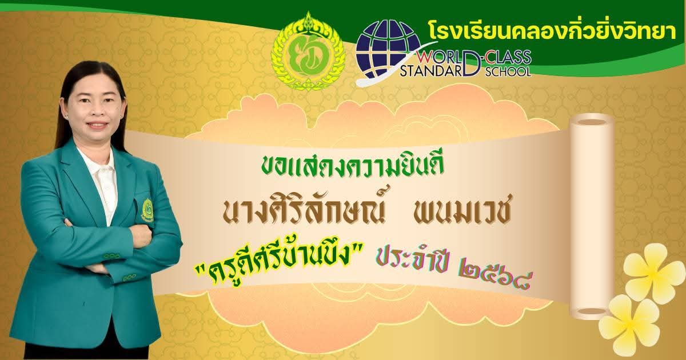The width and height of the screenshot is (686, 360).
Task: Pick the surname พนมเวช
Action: coord(462,212)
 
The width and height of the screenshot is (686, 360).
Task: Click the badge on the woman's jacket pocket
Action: coord(148,210)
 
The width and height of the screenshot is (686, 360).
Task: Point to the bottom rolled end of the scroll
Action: coord(591,311)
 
